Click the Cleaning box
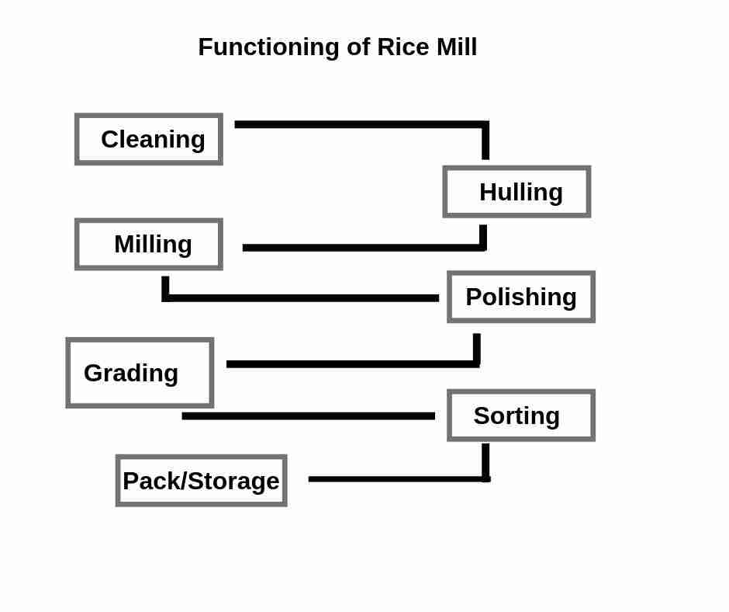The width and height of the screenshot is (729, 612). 149,139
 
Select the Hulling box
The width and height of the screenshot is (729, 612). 517,192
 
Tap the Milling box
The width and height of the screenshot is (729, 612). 149,244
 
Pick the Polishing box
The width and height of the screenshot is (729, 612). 521,297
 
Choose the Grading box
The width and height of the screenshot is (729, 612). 140,373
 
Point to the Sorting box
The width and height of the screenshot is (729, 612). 521,416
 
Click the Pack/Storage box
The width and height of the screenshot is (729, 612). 202,481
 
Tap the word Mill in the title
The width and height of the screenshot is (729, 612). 456,47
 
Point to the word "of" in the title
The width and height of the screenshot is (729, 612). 358,47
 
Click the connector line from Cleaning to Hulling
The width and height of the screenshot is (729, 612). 361,124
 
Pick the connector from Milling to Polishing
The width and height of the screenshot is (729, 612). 302,297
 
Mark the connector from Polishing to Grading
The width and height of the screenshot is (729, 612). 353,363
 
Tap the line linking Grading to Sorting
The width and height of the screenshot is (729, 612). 308,416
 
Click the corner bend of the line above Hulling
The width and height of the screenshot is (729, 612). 485,125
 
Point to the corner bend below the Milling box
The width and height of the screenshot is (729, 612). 165,297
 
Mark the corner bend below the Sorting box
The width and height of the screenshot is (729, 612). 486,478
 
